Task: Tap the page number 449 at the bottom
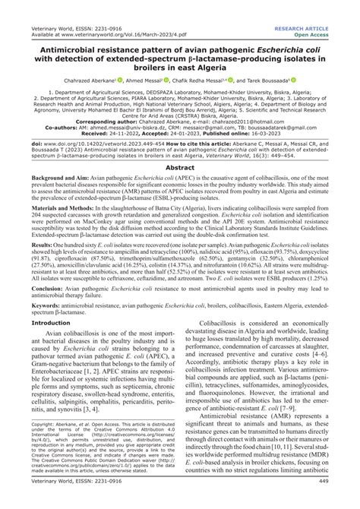(x=344, y=501)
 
